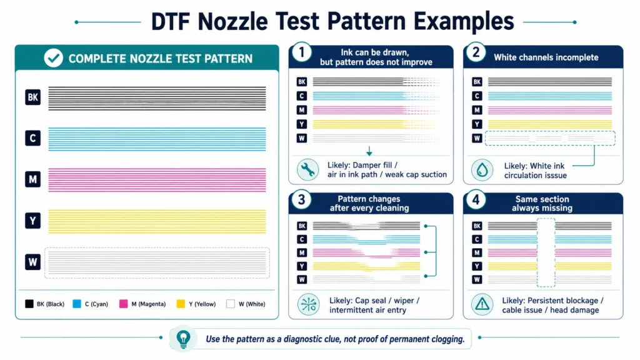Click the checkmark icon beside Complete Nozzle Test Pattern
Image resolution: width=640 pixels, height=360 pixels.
tap(54, 58)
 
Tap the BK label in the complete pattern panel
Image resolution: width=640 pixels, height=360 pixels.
tap(32, 97)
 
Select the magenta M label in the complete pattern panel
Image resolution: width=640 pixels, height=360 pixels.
tap(32, 179)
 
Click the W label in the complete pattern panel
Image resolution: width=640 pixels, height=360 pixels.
tap(32, 262)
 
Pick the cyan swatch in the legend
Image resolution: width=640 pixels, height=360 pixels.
tap(77, 304)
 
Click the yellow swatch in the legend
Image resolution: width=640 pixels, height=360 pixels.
tap(181, 304)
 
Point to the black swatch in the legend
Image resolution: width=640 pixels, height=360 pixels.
tap(29, 304)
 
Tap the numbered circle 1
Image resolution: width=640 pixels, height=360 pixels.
tap(302, 52)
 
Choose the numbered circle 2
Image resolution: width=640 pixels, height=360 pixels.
tap(476, 52)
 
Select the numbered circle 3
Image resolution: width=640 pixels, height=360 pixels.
tap(302, 200)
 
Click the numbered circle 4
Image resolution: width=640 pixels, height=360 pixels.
tap(476, 200)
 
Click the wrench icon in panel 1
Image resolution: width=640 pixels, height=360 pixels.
tap(307, 169)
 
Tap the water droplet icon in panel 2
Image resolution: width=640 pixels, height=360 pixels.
tap(482, 170)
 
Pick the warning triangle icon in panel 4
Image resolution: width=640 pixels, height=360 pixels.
tap(482, 304)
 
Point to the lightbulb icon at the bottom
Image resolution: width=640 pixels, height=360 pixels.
tap(183, 339)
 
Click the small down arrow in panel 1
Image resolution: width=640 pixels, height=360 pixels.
tap(369, 151)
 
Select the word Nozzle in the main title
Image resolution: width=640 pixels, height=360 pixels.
tap(232, 21)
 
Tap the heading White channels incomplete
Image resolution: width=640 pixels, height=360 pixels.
tap(546, 57)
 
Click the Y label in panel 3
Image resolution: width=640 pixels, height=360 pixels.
tap(302, 266)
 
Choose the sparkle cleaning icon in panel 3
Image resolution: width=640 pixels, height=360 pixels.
tap(308, 304)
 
